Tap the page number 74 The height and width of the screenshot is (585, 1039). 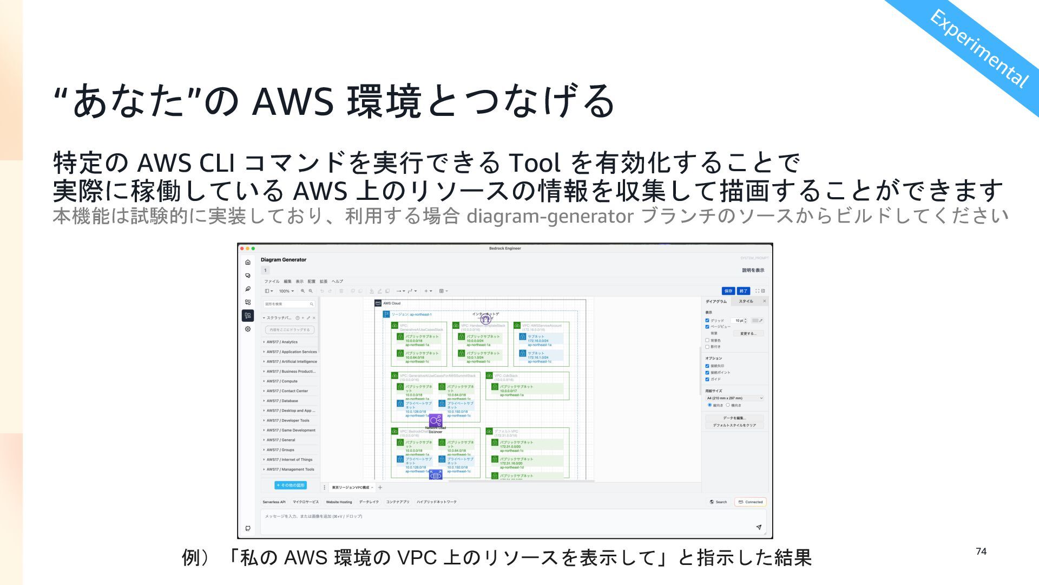point(981,551)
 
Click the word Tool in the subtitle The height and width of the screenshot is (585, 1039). point(535,162)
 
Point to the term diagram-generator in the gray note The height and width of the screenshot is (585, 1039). point(550,216)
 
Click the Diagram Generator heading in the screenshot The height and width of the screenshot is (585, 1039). point(283,260)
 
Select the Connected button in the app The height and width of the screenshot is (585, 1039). point(750,502)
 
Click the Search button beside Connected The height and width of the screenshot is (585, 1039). point(719,502)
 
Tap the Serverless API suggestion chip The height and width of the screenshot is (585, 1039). point(274,502)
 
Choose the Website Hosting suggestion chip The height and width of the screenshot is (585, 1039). point(339,502)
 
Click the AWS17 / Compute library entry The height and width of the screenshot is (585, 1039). point(282,381)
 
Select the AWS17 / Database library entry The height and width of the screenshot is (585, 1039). point(282,401)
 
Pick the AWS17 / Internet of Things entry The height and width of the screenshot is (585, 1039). point(290,460)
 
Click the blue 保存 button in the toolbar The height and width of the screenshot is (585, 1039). point(728,291)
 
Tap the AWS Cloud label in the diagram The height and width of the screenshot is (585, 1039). point(392,303)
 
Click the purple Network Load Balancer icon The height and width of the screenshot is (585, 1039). point(436,420)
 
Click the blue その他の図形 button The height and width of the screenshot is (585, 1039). point(291,485)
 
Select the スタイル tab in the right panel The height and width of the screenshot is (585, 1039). point(746,301)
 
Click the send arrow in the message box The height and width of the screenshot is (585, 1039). point(759,527)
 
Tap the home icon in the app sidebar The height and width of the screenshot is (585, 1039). point(248,262)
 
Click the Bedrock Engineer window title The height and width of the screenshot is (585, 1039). point(505,249)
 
